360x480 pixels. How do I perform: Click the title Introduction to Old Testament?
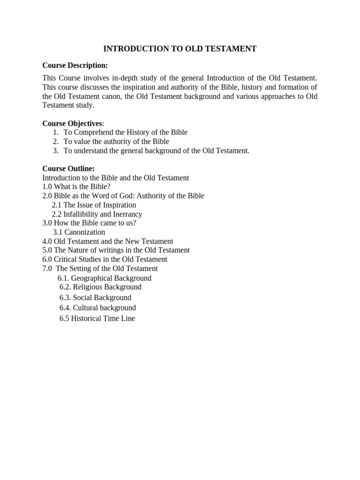point(180,49)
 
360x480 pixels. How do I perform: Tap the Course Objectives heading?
point(72,123)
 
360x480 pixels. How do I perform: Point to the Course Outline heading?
point(68,168)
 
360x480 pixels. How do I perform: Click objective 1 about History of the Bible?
point(125,132)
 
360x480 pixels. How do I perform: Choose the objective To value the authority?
point(116,141)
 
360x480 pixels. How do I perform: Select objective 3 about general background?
point(157,150)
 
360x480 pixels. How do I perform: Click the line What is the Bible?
point(76,187)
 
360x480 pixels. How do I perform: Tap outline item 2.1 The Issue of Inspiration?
point(94,205)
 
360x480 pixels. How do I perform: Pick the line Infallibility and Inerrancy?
point(97,214)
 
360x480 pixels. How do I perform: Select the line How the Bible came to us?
point(89,223)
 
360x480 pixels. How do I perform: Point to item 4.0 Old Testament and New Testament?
point(108,241)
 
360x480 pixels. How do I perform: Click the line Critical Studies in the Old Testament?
point(105,259)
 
